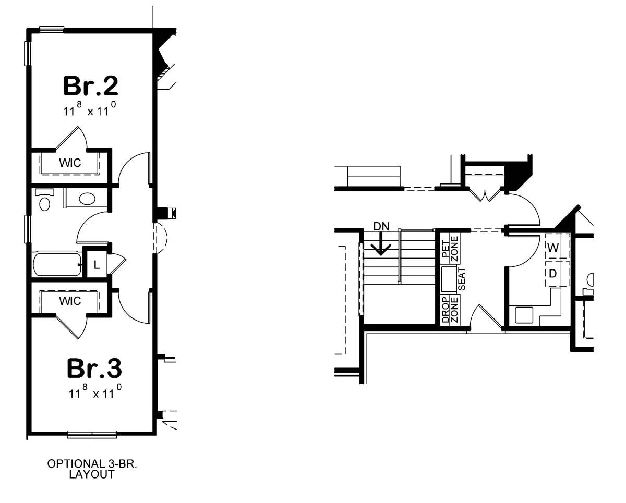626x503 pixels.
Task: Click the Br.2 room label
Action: [91, 86]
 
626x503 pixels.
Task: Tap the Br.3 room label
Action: [94, 369]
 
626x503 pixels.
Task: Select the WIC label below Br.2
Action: [70, 163]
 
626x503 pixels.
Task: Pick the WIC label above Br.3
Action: [70, 301]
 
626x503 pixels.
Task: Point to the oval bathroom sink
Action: [87, 199]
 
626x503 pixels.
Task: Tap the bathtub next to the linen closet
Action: [57, 264]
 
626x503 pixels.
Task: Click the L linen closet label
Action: [97, 265]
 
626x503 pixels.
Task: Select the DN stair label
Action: [381, 226]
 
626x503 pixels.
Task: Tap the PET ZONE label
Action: [450, 249]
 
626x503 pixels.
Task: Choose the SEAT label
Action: [462, 279]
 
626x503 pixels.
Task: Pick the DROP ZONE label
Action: [450, 310]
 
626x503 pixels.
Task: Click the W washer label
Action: [552, 248]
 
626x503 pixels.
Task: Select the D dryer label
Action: [552, 274]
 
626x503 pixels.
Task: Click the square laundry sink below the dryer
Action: [524, 315]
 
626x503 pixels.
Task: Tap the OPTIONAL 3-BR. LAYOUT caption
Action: [92, 469]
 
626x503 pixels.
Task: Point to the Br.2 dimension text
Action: [90, 109]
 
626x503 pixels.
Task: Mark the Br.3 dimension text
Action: [95, 391]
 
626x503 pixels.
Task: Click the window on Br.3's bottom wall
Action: [92, 435]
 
